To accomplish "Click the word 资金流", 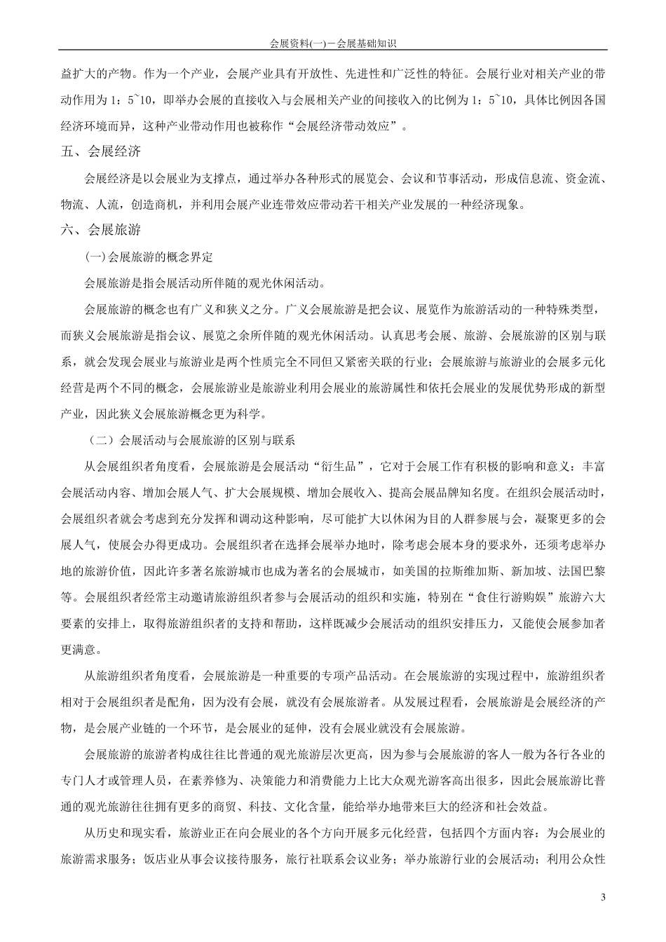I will click(580, 178).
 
